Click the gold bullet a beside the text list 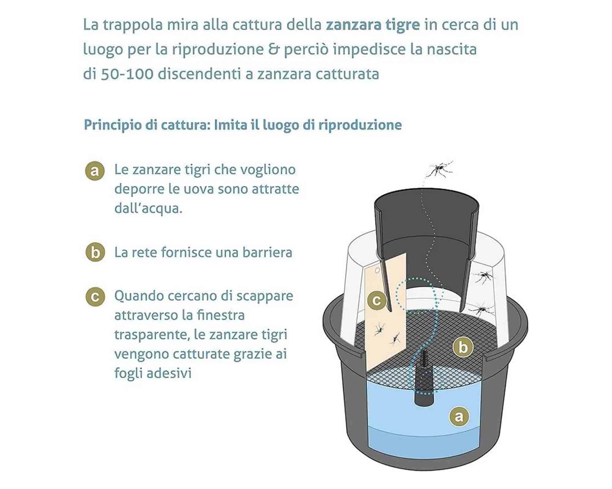(95, 171)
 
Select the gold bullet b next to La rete (95, 252)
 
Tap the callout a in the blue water (459, 416)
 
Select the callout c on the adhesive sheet (377, 301)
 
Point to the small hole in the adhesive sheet (377, 270)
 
